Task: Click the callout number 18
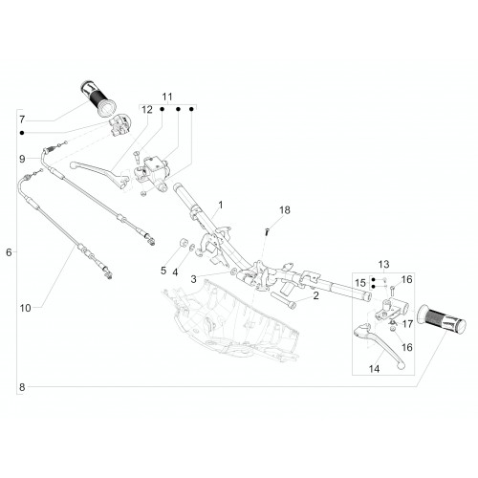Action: coord(285,210)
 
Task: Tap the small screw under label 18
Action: coord(267,231)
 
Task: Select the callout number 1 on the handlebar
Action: coord(221,205)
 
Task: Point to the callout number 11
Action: coord(167,97)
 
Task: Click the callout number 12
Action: coord(147,110)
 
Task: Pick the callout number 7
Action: coord(22,119)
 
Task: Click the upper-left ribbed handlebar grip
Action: coord(98,98)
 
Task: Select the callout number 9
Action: coord(22,159)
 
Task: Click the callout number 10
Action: coord(26,308)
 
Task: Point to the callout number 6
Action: coord(9,252)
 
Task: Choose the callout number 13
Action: coord(384,264)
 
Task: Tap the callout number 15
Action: coord(360,283)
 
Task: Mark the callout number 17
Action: coord(407,324)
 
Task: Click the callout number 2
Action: coord(315,295)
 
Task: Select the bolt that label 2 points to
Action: coord(283,299)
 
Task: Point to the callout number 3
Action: coord(194,279)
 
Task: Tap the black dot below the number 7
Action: coord(22,133)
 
